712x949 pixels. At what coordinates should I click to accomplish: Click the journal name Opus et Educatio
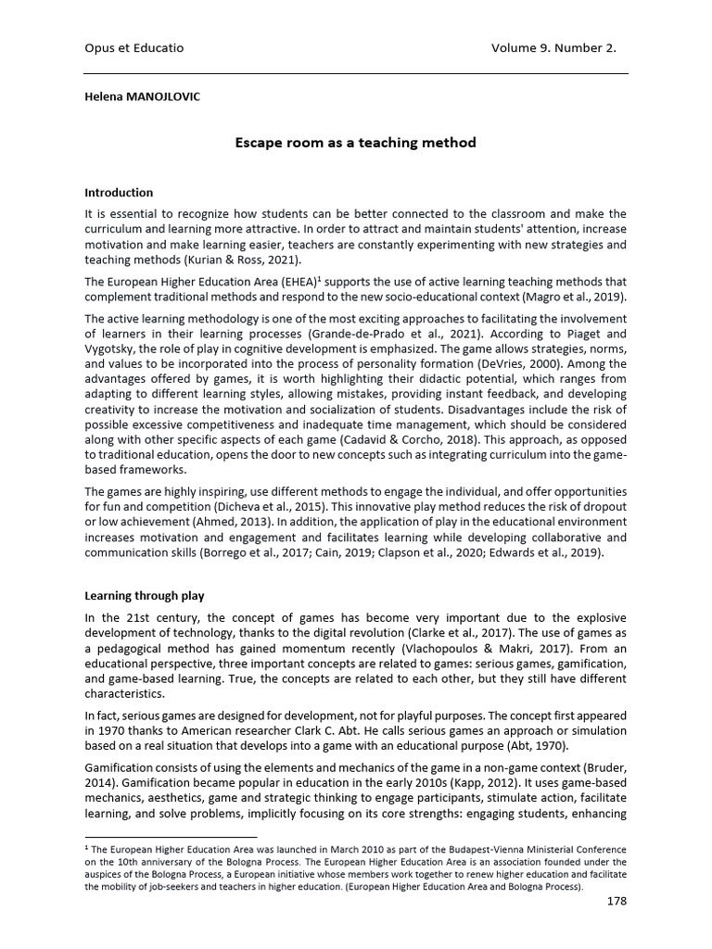coord(134,48)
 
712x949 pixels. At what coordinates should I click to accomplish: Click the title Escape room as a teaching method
coord(355,143)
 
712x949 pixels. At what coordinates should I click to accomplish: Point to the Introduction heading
coord(119,193)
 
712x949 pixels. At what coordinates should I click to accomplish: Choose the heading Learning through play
coord(145,596)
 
